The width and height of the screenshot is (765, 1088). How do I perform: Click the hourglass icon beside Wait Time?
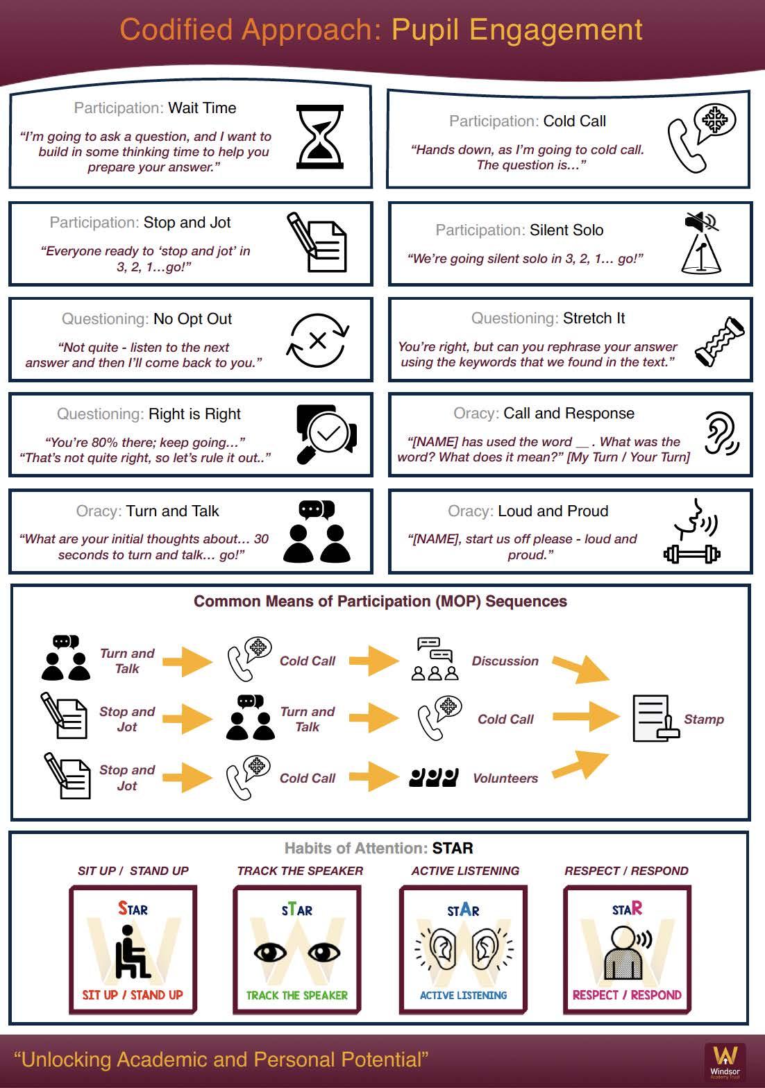tap(319, 137)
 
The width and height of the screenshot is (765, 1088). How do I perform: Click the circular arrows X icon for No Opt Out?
tap(318, 340)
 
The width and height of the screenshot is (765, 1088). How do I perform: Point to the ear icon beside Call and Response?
tap(721, 434)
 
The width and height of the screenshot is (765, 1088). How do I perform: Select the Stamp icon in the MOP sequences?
tap(655, 719)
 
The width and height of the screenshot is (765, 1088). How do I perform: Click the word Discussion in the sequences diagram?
tap(505, 661)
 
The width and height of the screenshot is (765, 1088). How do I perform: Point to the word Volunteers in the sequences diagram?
tap(505, 779)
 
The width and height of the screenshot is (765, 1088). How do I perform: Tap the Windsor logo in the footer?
tap(725, 1060)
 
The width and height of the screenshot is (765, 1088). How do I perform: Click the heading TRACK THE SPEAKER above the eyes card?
tap(300, 871)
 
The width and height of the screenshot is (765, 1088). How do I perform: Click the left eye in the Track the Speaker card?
tap(270, 951)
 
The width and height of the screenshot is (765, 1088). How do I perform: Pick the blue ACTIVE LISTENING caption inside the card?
tap(463, 995)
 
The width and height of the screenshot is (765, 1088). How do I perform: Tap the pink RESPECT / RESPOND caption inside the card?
tap(627, 995)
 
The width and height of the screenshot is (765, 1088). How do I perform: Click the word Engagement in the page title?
tap(517, 30)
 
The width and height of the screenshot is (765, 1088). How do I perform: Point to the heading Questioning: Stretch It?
tap(548, 318)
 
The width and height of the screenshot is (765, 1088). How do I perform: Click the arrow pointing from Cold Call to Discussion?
tap(373, 661)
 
